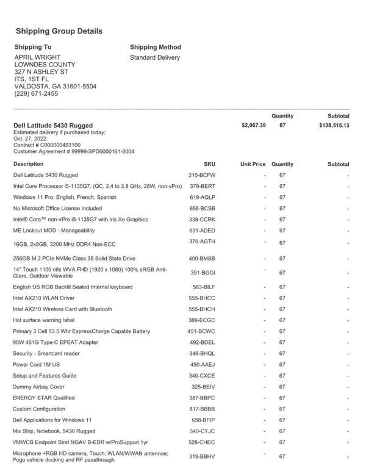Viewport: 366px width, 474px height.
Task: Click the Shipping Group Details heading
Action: [59, 31]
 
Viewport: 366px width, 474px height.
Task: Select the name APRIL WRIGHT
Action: [37, 57]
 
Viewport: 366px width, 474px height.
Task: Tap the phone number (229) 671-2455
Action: [36, 94]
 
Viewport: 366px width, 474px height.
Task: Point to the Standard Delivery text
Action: [155, 57]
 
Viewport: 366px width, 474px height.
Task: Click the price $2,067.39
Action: [254, 125]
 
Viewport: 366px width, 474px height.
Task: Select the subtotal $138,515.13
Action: [334, 125]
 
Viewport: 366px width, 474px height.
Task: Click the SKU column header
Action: [209, 164]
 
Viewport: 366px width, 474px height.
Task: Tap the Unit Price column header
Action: [253, 164]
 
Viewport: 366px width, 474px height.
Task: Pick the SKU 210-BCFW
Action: [203, 175]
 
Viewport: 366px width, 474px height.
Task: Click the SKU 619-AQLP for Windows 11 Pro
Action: [203, 197]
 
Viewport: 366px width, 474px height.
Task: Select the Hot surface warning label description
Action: [43, 320]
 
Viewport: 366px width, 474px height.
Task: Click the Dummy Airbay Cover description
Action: [38, 387]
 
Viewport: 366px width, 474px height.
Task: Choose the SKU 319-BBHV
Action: [203, 456]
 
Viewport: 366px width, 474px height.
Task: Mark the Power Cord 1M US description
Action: [40, 364]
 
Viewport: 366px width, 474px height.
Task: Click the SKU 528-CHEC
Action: [202, 442]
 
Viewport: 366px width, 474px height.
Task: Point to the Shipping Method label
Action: [155, 47]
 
